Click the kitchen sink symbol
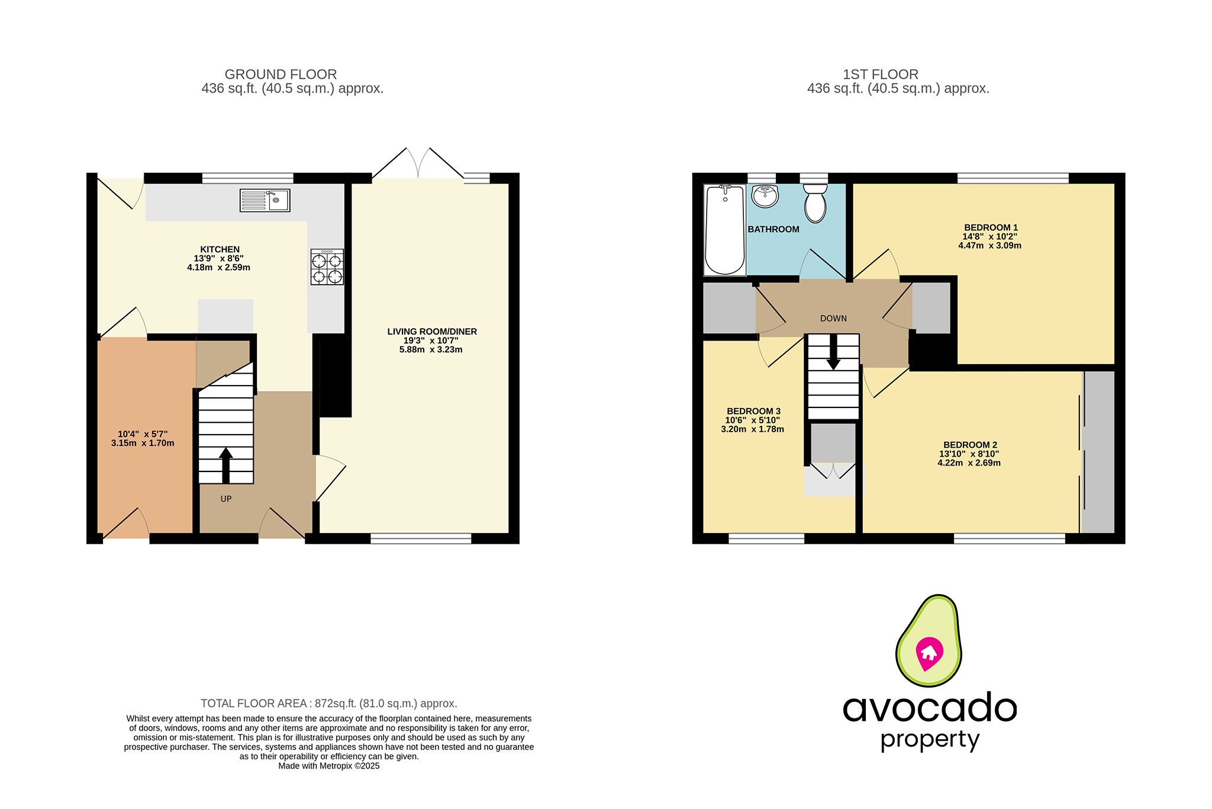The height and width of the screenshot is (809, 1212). [x=265, y=200]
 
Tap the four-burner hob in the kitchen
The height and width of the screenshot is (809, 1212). [x=327, y=268]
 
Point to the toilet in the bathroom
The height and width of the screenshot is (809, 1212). [x=815, y=203]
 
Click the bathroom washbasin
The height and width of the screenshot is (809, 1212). [x=765, y=196]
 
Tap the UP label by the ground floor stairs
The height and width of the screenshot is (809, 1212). [x=226, y=499]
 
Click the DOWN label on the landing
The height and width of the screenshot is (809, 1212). [x=833, y=319]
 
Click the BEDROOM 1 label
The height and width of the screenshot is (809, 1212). [x=991, y=227]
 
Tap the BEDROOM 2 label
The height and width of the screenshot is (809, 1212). [x=970, y=445]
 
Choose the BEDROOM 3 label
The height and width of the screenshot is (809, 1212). [x=753, y=411]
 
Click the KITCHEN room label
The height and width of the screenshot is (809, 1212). [x=220, y=249]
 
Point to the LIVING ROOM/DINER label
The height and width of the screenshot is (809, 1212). [x=432, y=332]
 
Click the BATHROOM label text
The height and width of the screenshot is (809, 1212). [x=773, y=229]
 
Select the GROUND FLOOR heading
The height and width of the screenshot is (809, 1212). [x=281, y=75]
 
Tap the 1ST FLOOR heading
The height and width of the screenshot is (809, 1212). [x=881, y=75]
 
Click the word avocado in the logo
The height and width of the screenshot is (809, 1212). [x=930, y=708]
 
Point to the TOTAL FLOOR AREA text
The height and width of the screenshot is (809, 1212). [x=328, y=704]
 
